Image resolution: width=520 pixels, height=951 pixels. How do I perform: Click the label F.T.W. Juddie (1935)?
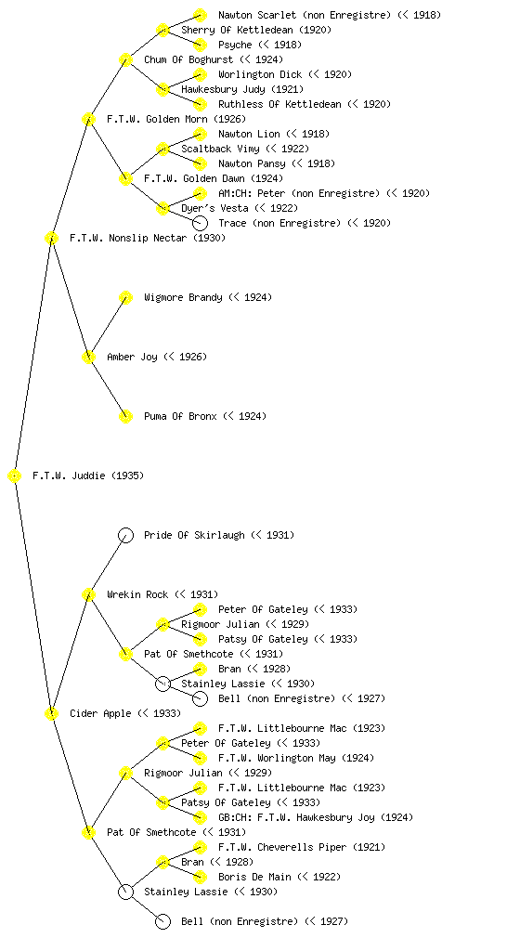[88, 475]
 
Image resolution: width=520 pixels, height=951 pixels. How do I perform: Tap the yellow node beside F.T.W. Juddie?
[15, 475]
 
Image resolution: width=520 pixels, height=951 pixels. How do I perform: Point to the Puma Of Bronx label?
[180, 416]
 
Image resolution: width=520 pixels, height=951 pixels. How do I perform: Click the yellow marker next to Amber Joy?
[88, 357]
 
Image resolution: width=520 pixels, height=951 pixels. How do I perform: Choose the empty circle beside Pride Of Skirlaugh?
[125, 535]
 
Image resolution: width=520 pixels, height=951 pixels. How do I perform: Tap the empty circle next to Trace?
[200, 223]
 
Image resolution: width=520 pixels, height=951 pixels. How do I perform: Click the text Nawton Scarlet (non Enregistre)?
[305, 15]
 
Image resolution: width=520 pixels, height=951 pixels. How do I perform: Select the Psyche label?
[235, 45]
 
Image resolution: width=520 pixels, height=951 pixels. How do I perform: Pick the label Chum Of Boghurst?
[188, 59]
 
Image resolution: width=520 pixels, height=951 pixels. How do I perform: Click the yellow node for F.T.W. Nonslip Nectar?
[51, 238]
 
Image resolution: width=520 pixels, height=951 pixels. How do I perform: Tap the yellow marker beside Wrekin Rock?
[88, 594]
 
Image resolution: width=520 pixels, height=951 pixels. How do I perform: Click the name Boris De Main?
[254, 877]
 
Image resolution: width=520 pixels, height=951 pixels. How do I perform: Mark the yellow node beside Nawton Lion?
[200, 134]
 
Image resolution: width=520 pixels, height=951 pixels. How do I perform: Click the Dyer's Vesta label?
[215, 208]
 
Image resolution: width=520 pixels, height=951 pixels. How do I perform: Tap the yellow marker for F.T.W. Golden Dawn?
[125, 178]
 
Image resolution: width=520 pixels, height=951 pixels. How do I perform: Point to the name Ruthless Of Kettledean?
[280, 104]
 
